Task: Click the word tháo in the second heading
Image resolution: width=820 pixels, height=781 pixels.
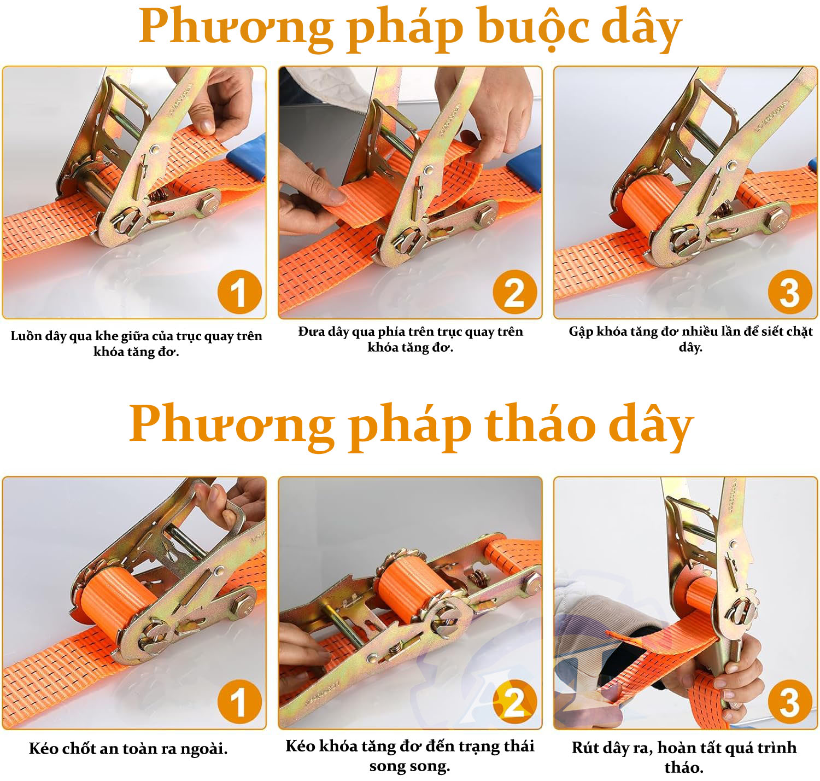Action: pyautogui.click(x=540, y=423)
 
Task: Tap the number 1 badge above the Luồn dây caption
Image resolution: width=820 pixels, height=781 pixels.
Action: pyautogui.click(x=240, y=292)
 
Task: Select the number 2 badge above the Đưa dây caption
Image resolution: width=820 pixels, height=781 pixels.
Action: pyautogui.click(x=515, y=292)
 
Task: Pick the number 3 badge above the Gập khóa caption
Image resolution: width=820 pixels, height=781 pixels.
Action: pyautogui.click(x=790, y=292)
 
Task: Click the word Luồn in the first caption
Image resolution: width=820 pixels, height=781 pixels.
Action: pyautogui.click(x=25, y=336)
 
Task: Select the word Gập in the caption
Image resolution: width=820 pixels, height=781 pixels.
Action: pyautogui.click(x=581, y=333)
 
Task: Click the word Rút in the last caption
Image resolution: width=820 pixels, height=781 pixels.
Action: pyautogui.click(x=585, y=747)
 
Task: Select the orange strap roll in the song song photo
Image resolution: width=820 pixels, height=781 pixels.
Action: pyautogui.click(x=413, y=588)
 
